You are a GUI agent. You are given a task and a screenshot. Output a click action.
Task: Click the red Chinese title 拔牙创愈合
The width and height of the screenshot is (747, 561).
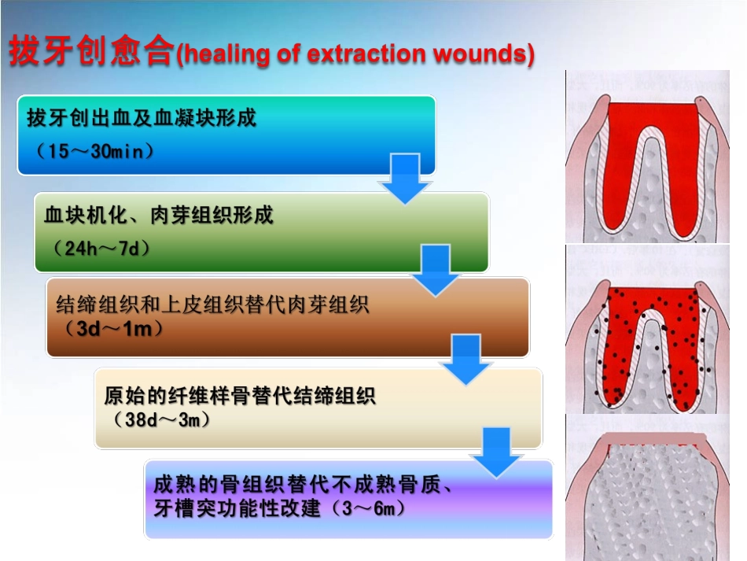point(90,53)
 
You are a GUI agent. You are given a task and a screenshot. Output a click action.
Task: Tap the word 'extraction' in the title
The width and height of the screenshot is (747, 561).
point(355,54)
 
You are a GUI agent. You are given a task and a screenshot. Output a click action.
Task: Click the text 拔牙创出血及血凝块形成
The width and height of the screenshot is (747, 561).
point(142,119)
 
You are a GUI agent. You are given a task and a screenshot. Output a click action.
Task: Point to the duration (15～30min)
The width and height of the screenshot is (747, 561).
point(90,151)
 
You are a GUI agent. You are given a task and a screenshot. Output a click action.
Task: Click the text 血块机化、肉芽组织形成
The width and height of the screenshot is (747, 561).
point(159,215)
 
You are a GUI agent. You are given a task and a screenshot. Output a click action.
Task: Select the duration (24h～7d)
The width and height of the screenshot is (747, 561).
point(101,248)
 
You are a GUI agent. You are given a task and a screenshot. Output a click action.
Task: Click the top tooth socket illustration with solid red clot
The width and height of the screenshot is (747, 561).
point(655,157)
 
